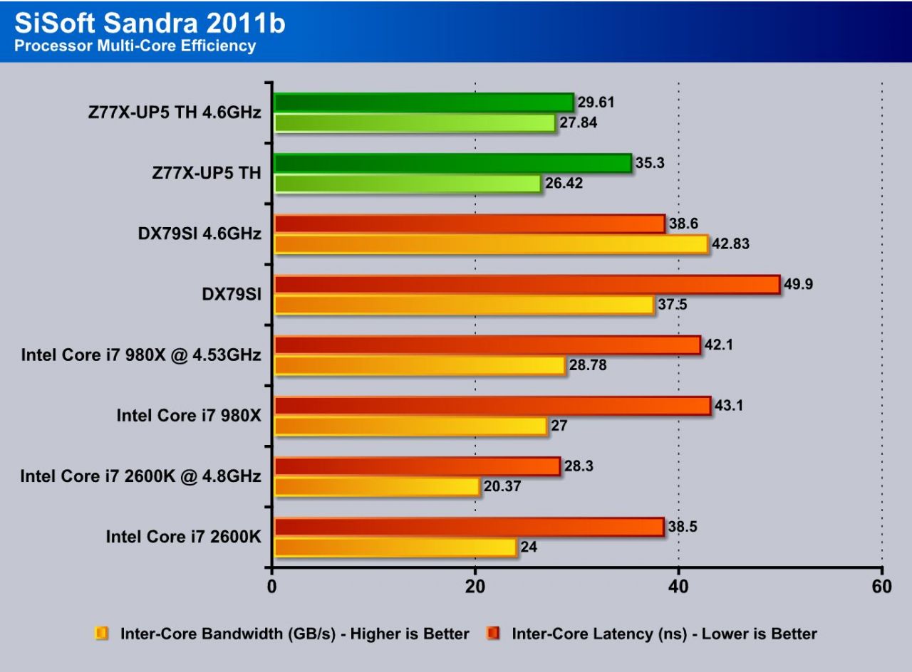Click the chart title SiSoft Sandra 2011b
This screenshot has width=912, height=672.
click(x=150, y=23)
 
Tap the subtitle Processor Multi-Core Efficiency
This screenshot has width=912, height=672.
click(x=135, y=46)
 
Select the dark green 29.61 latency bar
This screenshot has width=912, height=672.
click(x=423, y=103)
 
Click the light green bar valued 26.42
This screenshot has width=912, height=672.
click(x=408, y=184)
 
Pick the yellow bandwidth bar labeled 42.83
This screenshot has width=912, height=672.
click(x=490, y=244)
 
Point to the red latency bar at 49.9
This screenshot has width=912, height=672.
click(x=527, y=285)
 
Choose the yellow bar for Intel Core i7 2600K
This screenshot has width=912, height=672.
click(x=395, y=547)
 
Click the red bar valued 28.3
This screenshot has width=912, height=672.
click(x=417, y=466)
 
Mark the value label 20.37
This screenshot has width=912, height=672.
click(x=502, y=486)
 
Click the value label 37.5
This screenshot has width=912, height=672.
click(x=674, y=305)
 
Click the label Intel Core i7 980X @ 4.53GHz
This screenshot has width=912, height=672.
click(x=141, y=355)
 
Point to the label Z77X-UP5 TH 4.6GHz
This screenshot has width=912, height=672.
click(x=171, y=112)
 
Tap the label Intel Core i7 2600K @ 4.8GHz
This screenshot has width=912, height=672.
click(x=140, y=476)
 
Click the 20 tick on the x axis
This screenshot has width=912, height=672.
click(x=475, y=587)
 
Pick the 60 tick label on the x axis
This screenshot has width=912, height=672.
click(x=881, y=587)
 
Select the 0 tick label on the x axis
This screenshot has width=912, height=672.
click(x=272, y=587)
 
